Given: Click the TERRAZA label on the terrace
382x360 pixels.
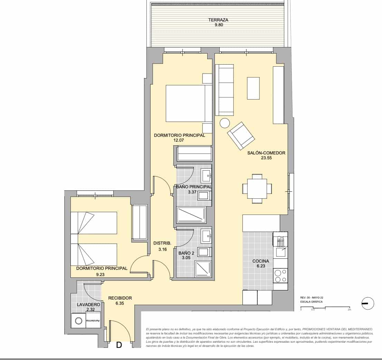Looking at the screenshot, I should tap(218, 20).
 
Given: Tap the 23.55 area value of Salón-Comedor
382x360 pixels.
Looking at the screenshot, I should tap(266, 158).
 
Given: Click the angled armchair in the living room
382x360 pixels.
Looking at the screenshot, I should tap(241, 136).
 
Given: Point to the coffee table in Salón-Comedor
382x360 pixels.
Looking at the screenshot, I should tap(253, 88).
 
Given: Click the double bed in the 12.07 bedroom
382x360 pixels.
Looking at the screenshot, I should tap(189, 103).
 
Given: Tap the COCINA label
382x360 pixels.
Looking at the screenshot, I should tap(261, 261).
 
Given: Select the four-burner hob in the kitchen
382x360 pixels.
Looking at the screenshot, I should tap(280, 276).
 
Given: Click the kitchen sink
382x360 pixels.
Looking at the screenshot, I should tap(280, 252).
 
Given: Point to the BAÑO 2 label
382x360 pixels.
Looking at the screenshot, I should tap(186, 253).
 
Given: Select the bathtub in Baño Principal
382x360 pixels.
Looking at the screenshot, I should tap(191, 215).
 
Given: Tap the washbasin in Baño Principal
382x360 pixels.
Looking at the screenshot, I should tap(206, 176).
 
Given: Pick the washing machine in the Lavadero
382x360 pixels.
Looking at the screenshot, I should tap(78, 321).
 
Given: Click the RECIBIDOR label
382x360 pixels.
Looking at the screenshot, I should tap(120, 298).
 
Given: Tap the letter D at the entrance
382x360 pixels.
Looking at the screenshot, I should tap(119, 345).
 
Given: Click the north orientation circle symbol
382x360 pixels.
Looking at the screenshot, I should tap(367, 303).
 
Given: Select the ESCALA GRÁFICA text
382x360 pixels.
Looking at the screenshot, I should tap(311, 302).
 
